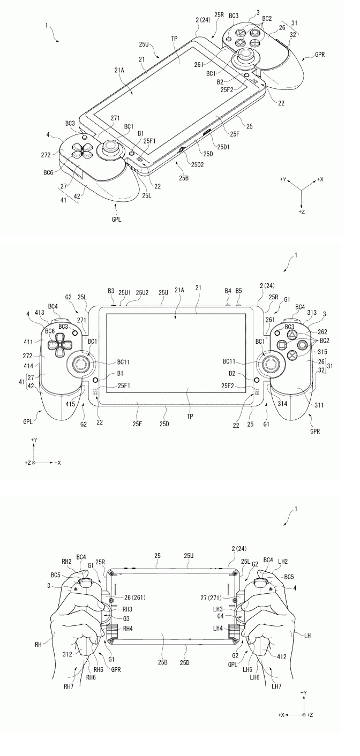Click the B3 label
point(111,291)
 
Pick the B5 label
point(238,291)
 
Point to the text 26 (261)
point(132,598)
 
